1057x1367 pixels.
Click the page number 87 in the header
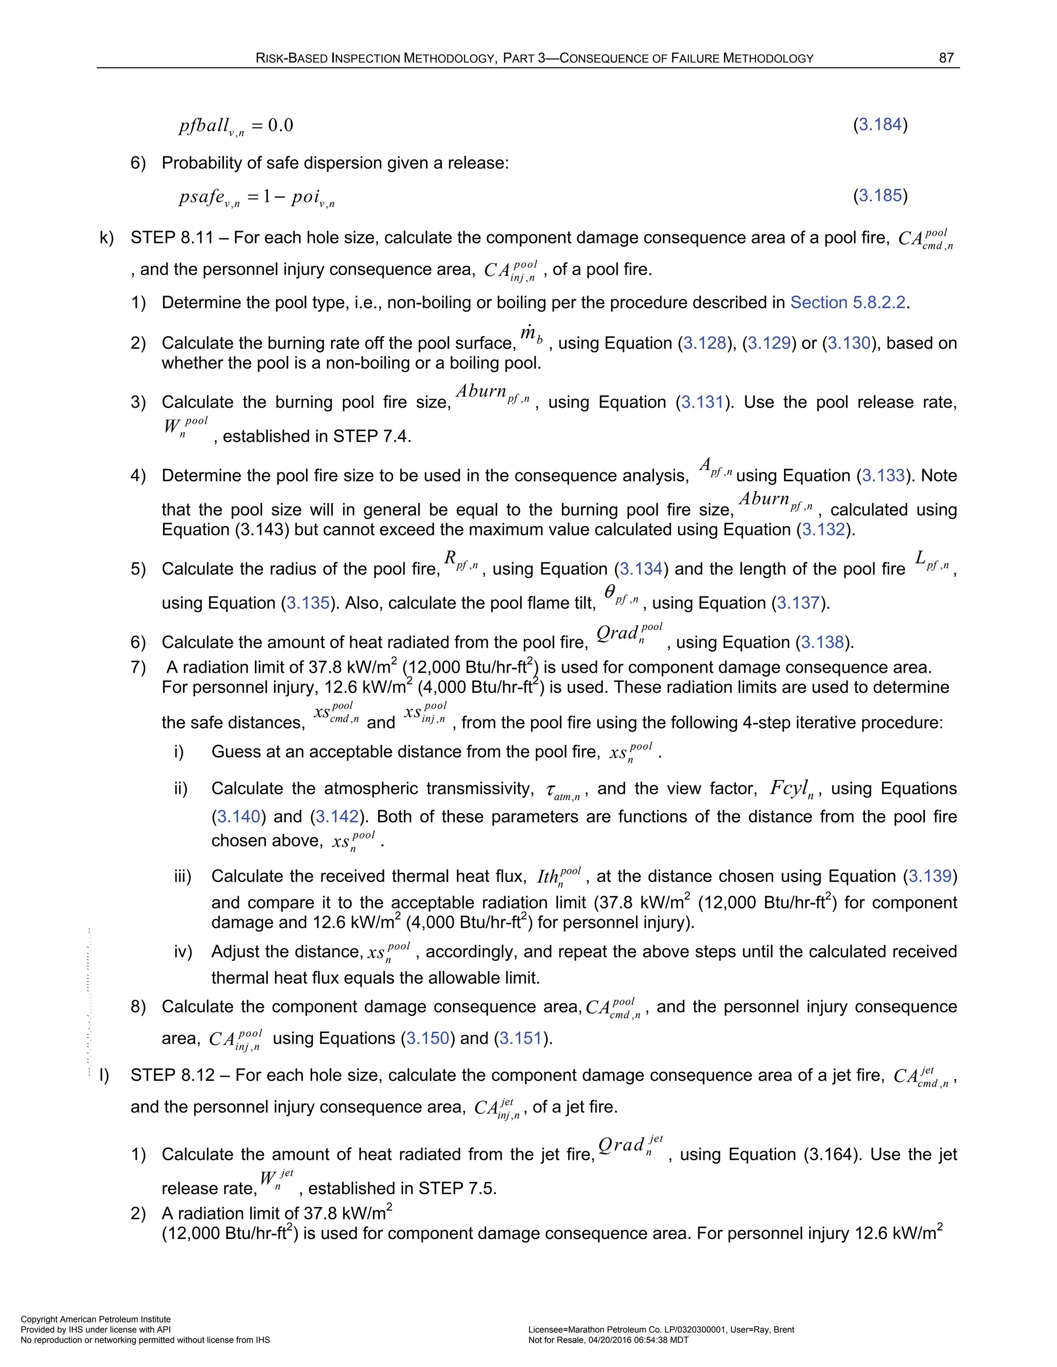coord(946,58)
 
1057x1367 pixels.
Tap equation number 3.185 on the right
coord(880,196)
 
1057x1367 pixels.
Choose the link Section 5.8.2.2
coord(848,303)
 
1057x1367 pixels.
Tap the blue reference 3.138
coord(822,642)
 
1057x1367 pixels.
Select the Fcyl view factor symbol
coord(792,789)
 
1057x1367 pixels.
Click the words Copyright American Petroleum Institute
coord(96,1320)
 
